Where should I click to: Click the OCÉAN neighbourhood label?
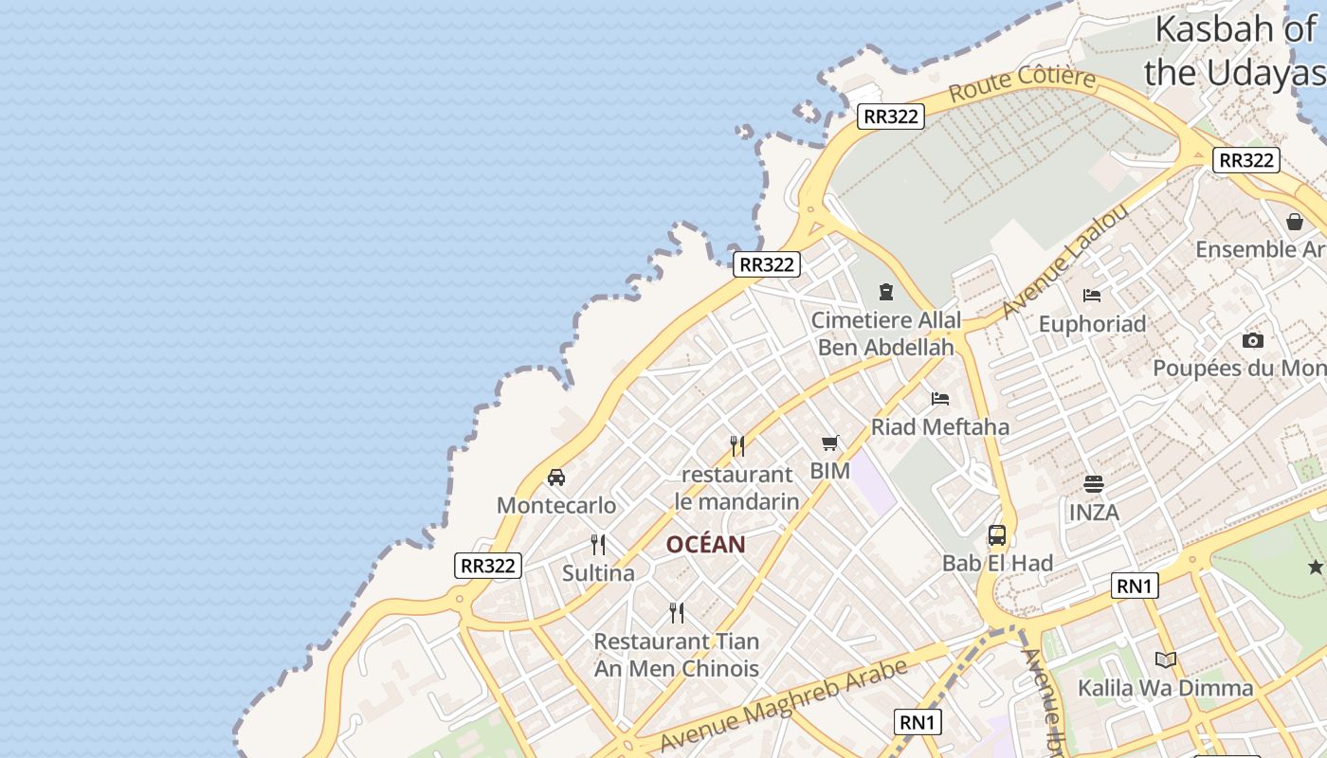click(x=705, y=545)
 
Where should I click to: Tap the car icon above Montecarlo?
click(x=556, y=478)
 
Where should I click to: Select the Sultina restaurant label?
click(x=598, y=573)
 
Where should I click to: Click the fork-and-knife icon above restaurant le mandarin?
click(x=736, y=445)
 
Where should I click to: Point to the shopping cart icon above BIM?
click(x=830, y=442)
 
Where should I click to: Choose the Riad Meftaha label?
click(x=940, y=426)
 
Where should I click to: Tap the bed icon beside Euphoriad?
click(x=1092, y=296)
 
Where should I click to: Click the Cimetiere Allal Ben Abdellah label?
click(x=886, y=334)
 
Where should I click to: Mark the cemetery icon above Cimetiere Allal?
click(x=886, y=292)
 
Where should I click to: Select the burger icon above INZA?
click(x=1094, y=484)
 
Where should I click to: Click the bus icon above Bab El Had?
click(x=997, y=535)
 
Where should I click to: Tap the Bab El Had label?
click(x=997, y=563)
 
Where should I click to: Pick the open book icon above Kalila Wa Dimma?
click(x=1166, y=659)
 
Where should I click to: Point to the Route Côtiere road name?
click(x=1022, y=83)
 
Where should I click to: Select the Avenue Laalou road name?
click(x=1065, y=260)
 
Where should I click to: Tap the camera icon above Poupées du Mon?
click(x=1253, y=341)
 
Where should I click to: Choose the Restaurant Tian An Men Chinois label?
click(x=677, y=655)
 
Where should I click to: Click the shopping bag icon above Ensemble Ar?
click(x=1295, y=222)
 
